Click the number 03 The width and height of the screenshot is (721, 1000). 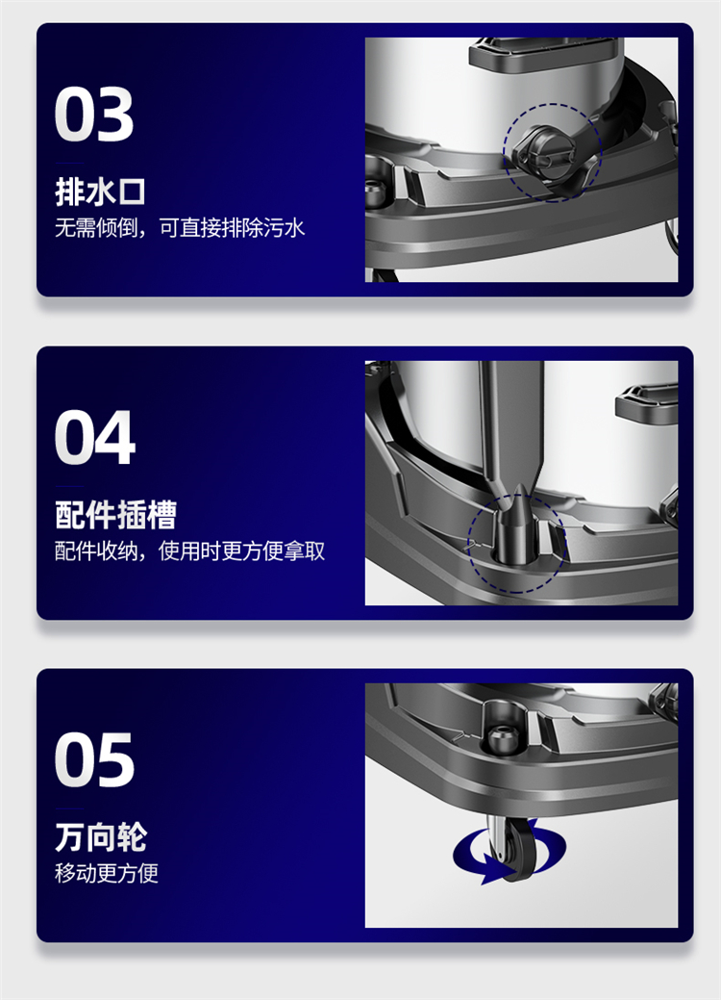point(94,115)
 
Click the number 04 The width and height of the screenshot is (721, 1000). point(95,438)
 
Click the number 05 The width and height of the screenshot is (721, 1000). point(94,760)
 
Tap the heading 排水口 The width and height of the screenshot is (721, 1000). point(100,192)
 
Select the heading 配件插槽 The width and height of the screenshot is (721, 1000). point(115,515)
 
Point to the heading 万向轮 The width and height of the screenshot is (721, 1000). point(101,837)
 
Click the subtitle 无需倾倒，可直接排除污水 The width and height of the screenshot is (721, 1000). point(180,228)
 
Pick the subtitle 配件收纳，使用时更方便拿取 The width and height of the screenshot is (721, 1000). point(189,551)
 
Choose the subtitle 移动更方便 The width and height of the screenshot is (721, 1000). point(107,873)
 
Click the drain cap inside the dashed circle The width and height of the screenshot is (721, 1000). point(543,152)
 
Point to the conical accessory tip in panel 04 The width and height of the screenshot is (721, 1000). point(520,525)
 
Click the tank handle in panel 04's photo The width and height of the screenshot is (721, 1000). point(646,401)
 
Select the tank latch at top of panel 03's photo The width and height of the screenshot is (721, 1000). point(543,54)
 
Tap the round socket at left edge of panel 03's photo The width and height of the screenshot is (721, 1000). point(375,190)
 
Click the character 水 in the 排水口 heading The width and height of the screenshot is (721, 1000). point(100,192)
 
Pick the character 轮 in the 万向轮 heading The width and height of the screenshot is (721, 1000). point(132,837)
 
